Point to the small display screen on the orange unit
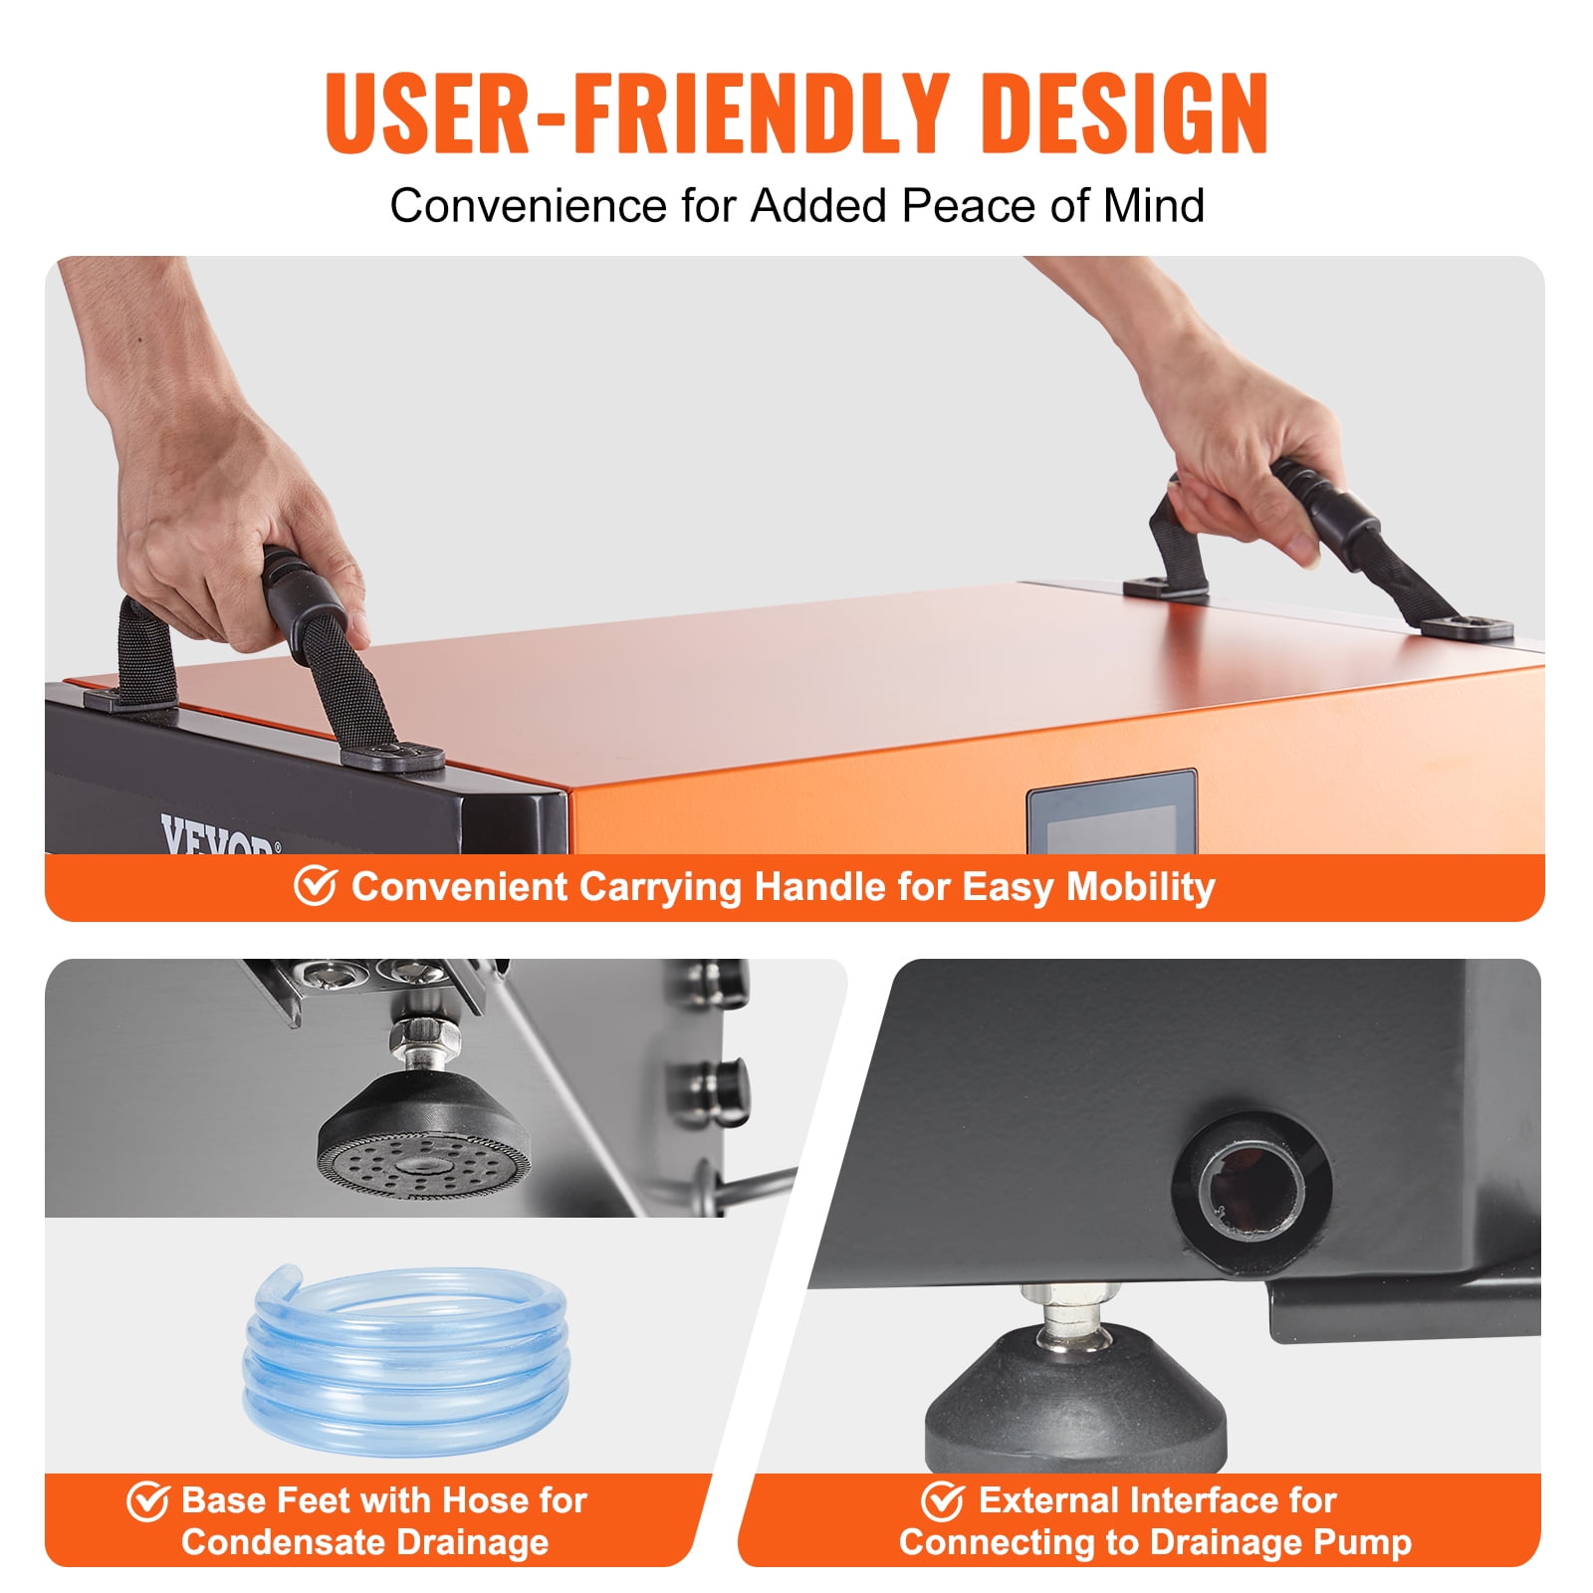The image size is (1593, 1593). pos(1112,812)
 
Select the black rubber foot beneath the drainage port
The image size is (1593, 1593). pos(1075,1404)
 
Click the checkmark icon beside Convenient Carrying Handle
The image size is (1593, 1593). pos(316,885)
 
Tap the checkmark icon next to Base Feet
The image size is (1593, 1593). pos(147,1501)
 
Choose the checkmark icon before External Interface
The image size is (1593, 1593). pos(942,1501)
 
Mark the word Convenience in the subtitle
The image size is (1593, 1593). pos(529,206)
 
